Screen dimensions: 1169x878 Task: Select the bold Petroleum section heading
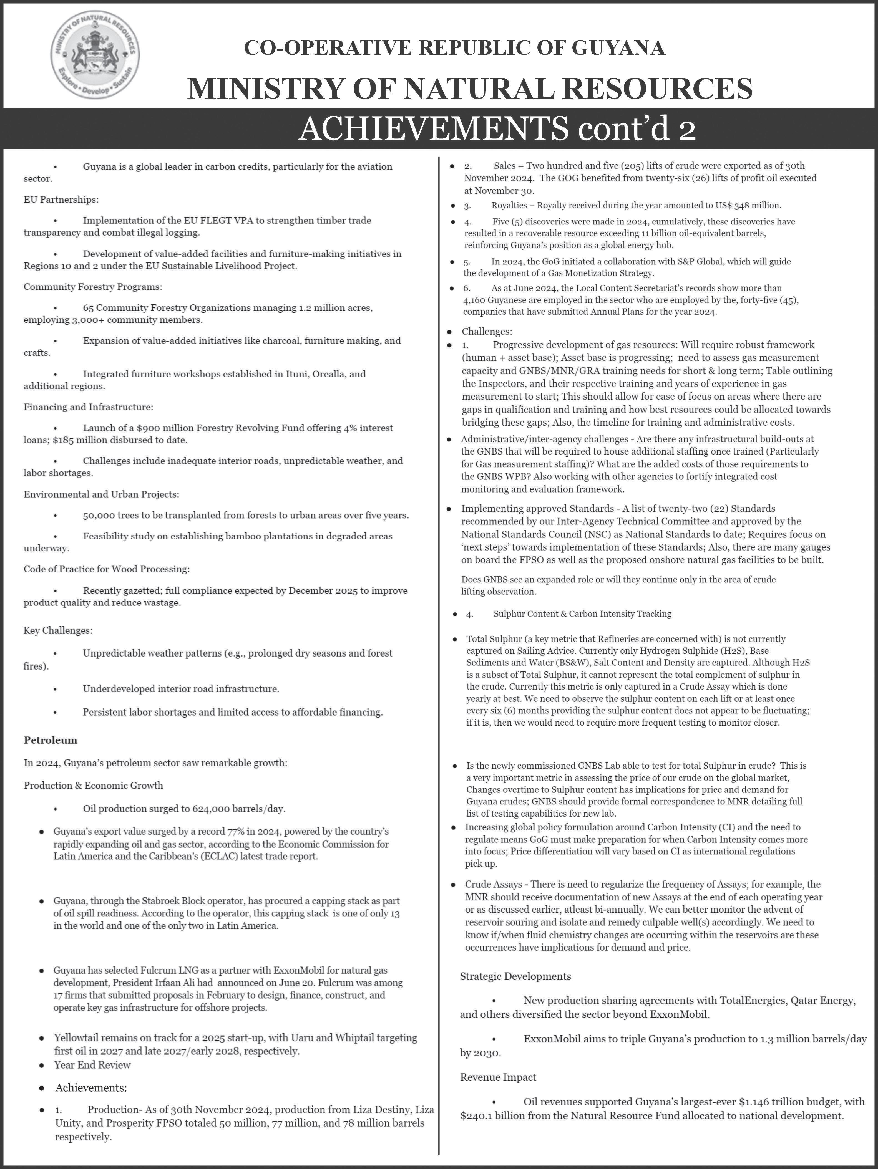(50, 740)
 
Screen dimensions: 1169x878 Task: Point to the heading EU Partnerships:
(61, 200)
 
